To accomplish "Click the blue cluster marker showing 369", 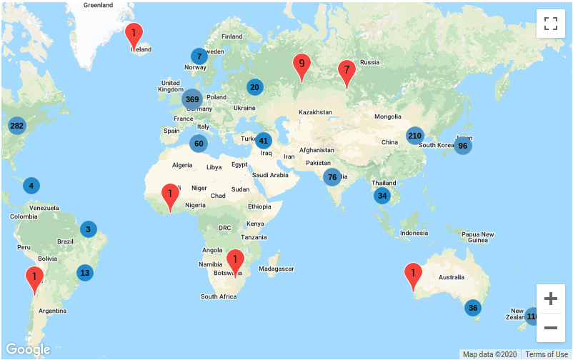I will [x=191, y=99].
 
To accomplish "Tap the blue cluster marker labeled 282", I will [x=16, y=126].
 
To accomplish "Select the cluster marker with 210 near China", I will [x=414, y=135].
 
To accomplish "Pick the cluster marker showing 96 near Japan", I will [x=462, y=146].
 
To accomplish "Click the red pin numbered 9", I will [x=302, y=66].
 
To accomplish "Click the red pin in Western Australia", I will [x=413, y=276].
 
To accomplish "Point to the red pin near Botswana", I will [x=235, y=262].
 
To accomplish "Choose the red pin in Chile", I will [x=34, y=279].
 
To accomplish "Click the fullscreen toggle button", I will [x=550, y=23].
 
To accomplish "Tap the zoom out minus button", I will [x=550, y=328].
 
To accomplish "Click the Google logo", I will [x=28, y=349].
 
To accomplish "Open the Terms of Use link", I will [x=547, y=354].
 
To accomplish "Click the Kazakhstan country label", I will [x=315, y=112].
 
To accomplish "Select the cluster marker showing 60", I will [x=199, y=144].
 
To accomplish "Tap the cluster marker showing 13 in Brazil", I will [x=85, y=272].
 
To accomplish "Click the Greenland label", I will [x=98, y=4].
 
